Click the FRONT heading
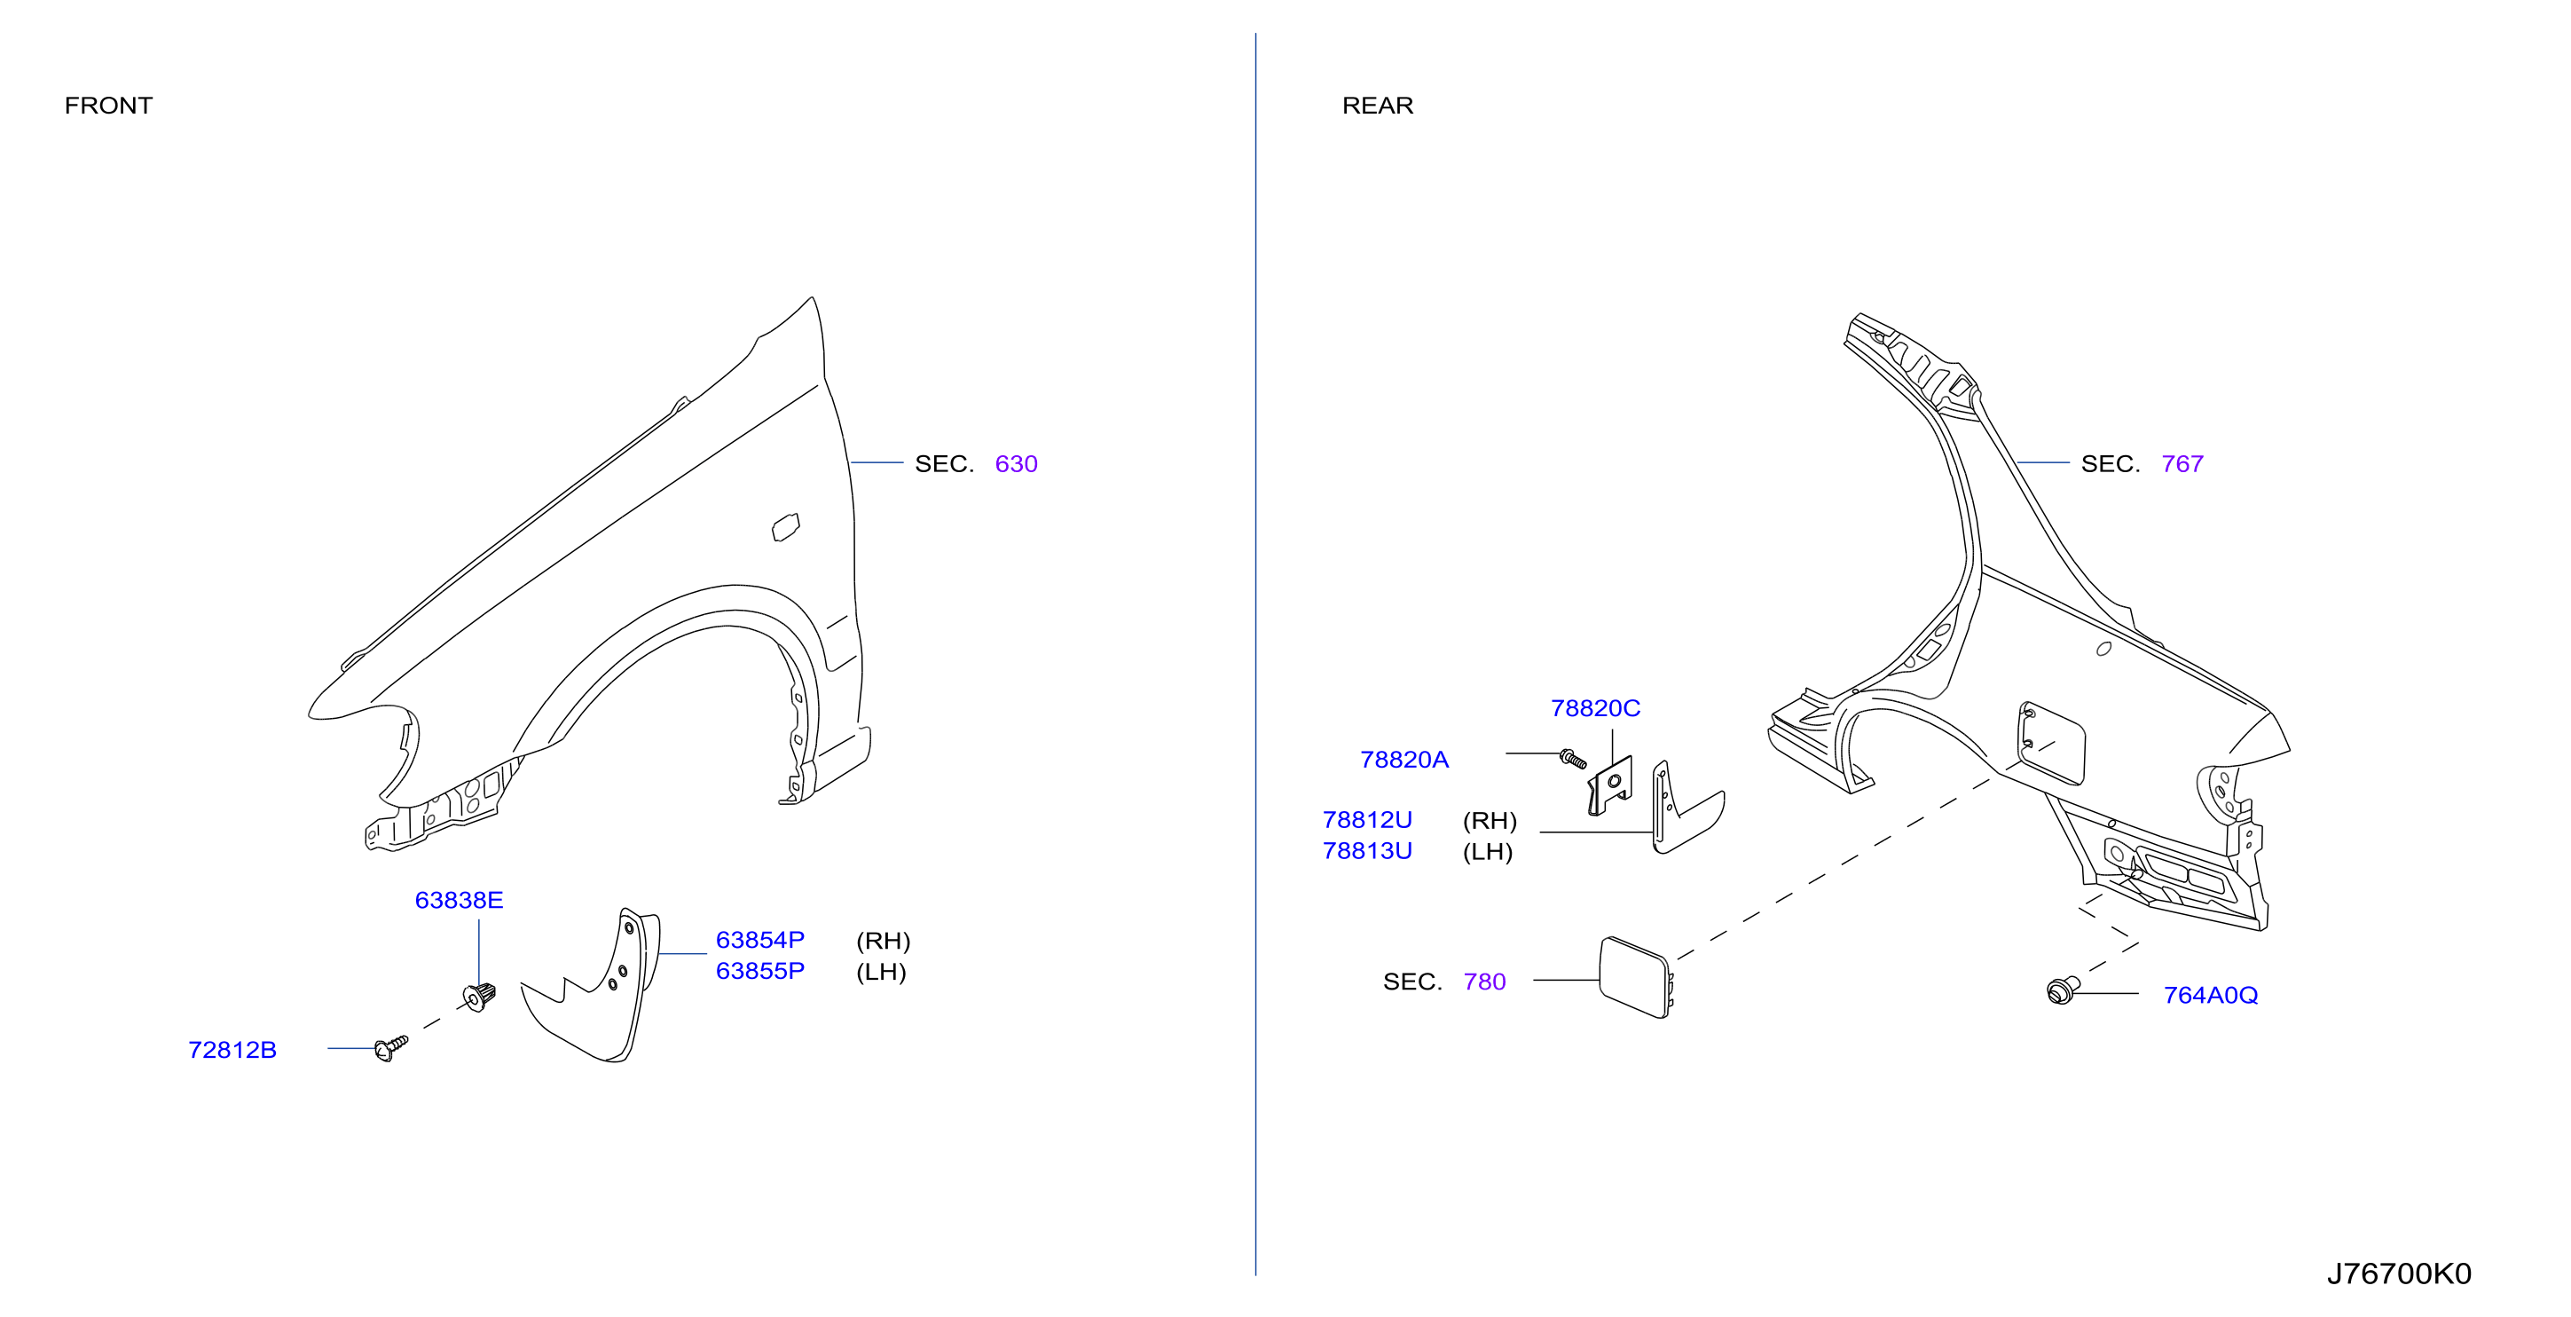point(108,106)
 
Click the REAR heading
point(1377,106)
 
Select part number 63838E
point(460,901)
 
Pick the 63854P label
point(759,941)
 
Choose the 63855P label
point(759,972)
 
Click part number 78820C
point(1595,709)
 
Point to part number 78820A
point(1404,761)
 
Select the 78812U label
point(1367,821)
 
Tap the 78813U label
point(1367,852)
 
